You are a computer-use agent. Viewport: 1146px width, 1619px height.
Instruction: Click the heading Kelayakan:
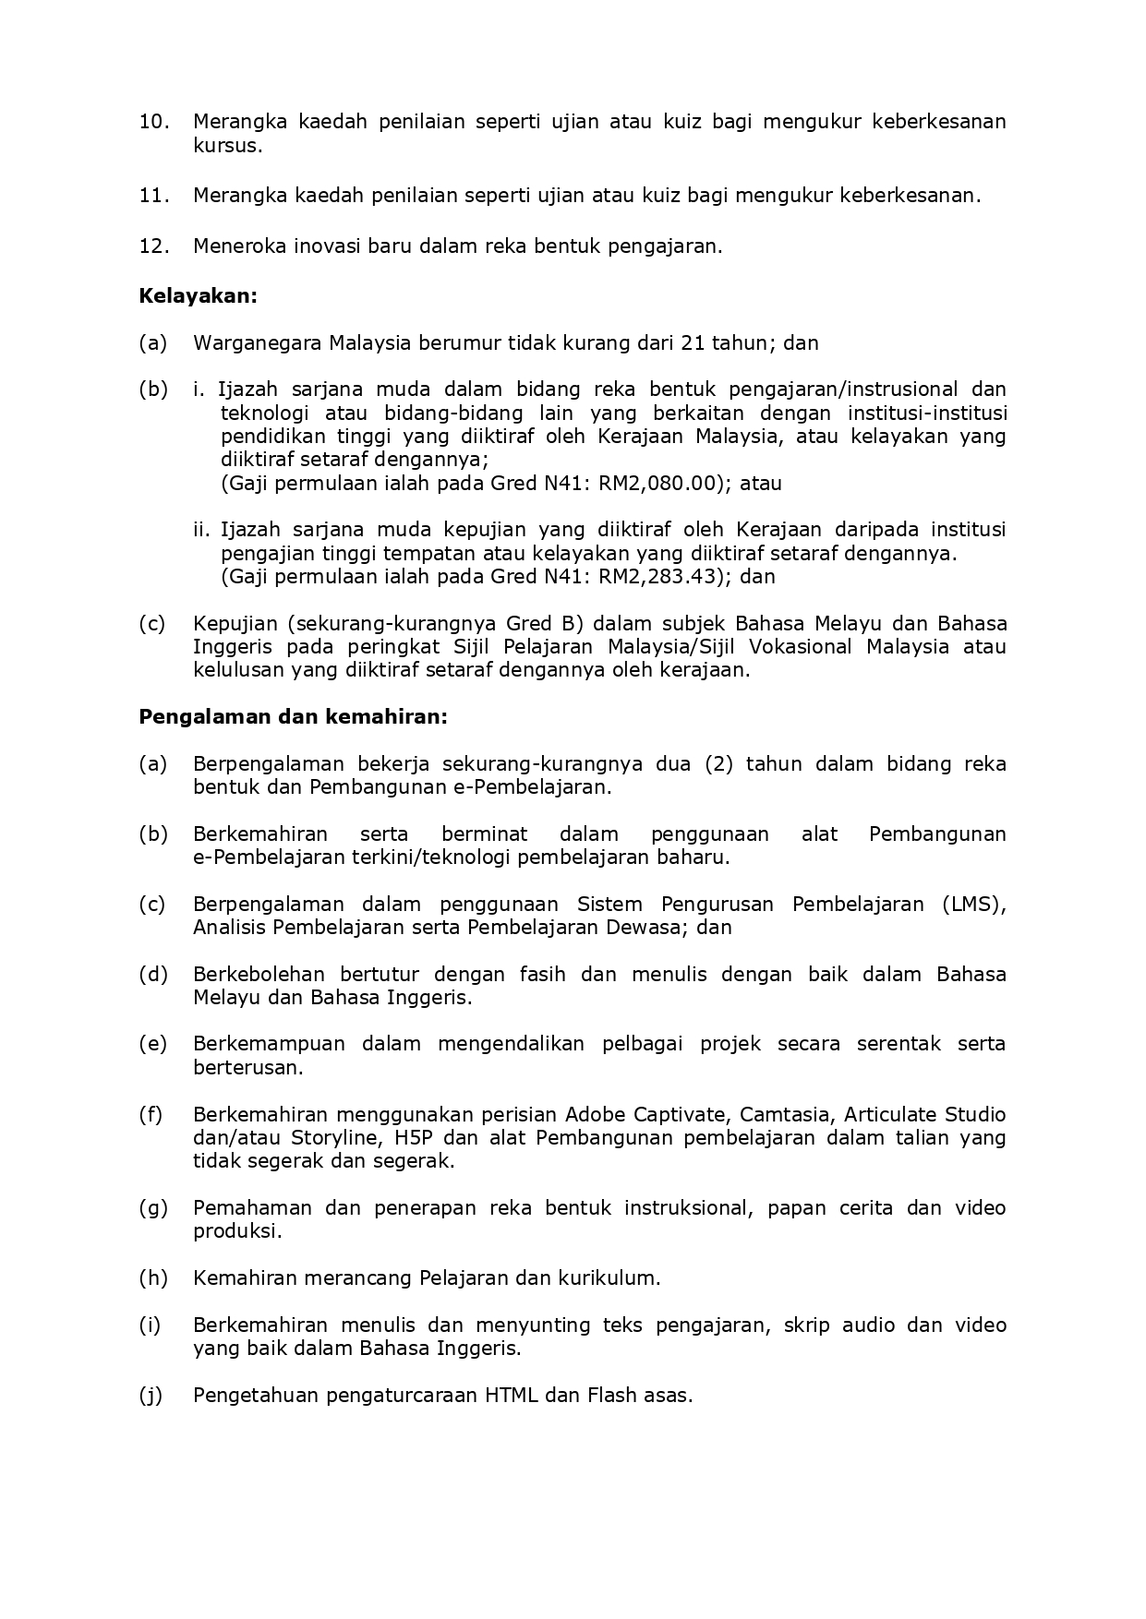198,295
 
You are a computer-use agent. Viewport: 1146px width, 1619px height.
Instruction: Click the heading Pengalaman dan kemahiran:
293,716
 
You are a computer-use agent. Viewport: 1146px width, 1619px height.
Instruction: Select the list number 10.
154,121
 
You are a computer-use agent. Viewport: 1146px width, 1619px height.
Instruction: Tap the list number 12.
154,246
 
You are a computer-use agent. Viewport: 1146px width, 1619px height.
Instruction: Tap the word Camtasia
784,1114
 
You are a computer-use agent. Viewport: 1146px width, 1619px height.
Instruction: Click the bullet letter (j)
151,1395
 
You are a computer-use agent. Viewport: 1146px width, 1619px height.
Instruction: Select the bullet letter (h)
152,1277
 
